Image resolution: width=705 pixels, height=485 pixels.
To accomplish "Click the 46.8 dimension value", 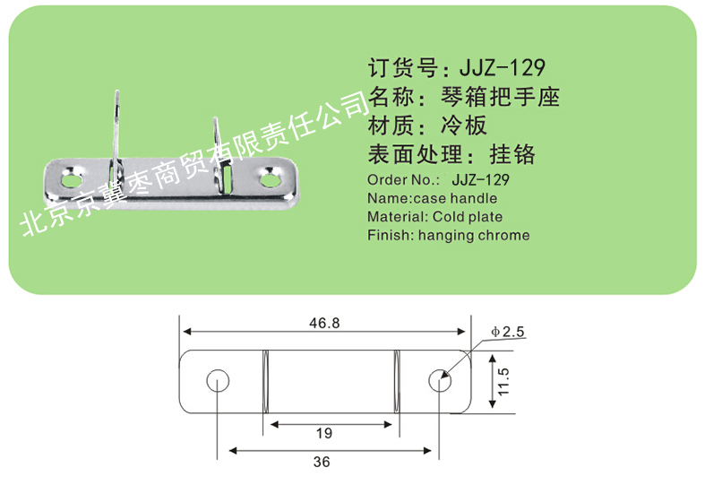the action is point(324,323).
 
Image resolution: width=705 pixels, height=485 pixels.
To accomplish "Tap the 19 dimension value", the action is point(323,433).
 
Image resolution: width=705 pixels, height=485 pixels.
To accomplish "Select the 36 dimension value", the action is point(322,462).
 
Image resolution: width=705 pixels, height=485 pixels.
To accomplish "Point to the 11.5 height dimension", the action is point(503,382).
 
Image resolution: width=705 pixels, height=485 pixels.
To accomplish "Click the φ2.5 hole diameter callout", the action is point(508,332).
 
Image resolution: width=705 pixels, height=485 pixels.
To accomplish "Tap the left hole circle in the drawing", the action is point(218,381).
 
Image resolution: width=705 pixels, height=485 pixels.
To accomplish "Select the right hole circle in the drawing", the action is point(440,381).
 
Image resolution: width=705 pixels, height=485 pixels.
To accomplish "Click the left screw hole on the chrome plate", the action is point(72,180).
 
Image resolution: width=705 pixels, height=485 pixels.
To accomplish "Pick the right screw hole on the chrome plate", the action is point(271,179).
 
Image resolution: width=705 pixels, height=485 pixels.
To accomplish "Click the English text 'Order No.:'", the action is point(403,180).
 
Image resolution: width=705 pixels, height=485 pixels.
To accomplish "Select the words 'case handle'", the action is point(455,198).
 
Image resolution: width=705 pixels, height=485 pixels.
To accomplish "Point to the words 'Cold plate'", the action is point(468,217).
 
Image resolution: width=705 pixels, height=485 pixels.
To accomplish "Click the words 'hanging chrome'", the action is point(474,235).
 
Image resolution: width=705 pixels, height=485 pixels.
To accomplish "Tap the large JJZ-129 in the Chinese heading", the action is point(503,67).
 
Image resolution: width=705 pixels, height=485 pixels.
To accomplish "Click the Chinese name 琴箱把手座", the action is point(500,97).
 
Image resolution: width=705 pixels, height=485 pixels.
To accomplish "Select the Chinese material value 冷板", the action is point(464,126).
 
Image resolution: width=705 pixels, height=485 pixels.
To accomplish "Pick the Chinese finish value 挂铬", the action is point(512,154).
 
